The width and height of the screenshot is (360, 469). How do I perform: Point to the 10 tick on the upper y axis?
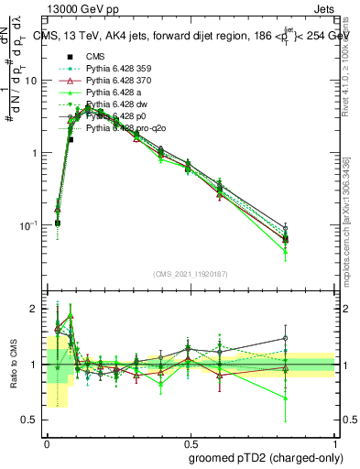click(x=34, y=81)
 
